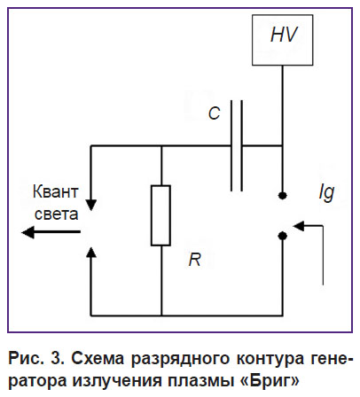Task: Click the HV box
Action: [x=282, y=40]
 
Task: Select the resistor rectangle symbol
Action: [x=160, y=215]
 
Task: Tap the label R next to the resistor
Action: [x=195, y=260]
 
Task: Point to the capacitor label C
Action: [x=214, y=113]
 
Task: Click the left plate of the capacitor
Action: [x=231, y=145]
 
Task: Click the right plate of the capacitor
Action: [x=242, y=145]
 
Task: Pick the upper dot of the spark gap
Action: [x=283, y=195]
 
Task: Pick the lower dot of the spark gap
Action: [x=283, y=236]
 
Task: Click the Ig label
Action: [x=326, y=193]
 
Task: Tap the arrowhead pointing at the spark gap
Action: [x=299, y=226]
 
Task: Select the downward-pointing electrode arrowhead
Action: [x=91, y=205]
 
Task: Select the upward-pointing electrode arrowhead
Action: [x=91, y=252]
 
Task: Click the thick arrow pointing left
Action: [x=51, y=232]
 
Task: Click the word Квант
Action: [x=56, y=191]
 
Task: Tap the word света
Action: [x=57, y=214]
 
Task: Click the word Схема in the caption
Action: [x=98, y=359]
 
